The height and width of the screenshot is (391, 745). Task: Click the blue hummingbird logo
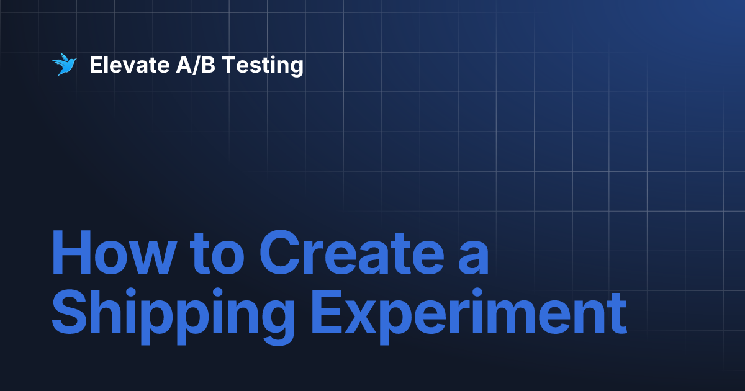click(63, 65)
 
